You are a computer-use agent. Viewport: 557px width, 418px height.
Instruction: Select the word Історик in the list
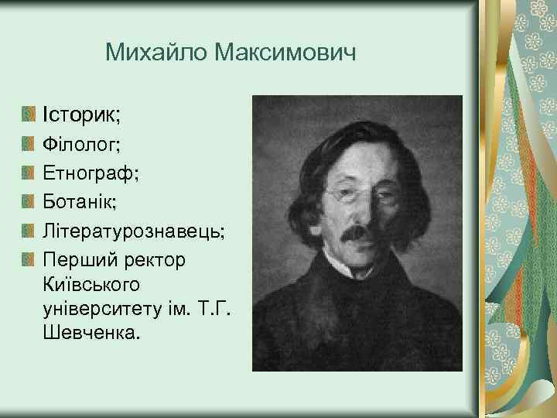[80, 115]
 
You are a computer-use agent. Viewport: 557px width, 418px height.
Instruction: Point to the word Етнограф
[91, 173]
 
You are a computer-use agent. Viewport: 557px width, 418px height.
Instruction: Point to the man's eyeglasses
[358, 194]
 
